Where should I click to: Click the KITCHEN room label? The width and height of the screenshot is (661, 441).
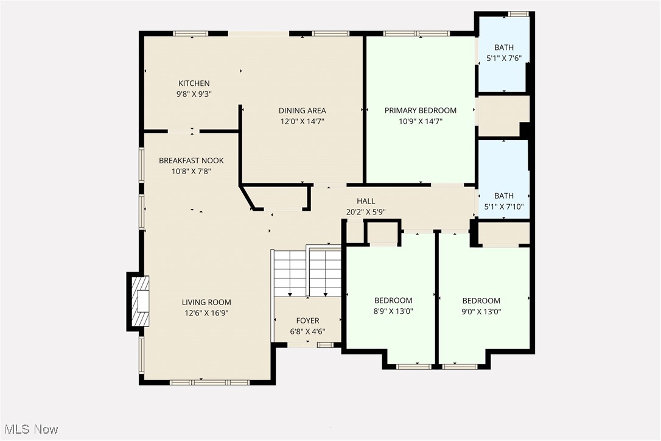pyautogui.click(x=194, y=83)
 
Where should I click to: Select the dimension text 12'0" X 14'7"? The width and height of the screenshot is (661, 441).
pyautogui.click(x=302, y=121)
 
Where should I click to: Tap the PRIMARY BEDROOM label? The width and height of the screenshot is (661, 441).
pyautogui.click(x=420, y=110)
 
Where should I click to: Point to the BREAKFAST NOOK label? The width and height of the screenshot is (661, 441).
pyautogui.click(x=191, y=161)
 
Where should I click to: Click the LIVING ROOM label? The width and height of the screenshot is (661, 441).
pyautogui.click(x=206, y=302)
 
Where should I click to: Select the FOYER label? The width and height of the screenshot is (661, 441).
pyautogui.click(x=307, y=320)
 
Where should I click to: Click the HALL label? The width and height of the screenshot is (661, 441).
pyautogui.click(x=366, y=201)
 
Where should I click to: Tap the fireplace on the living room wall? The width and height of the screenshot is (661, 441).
pyautogui.click(x=139, y=302)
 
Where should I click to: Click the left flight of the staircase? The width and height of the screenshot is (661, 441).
pyautogui.click(x=290, y=272)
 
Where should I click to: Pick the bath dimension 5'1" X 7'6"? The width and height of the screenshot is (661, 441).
pyautogui.click(x=503, y=58)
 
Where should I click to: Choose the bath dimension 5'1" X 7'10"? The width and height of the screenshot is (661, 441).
pyautogui.click(x=503, y=206)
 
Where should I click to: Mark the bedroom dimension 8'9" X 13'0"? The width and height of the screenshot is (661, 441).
pyautogui.click(x=393, y=311)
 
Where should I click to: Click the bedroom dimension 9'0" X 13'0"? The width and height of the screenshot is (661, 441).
pyautogui.click(x=481, y=311)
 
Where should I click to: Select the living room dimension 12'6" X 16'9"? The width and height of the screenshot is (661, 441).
pyautogui.click(x=206, y=313)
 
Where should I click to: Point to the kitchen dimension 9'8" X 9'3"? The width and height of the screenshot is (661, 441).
pyautogui.click(x=194, y=94)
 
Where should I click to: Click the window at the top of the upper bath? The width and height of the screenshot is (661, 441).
pyautogui.click(x=518, y=14)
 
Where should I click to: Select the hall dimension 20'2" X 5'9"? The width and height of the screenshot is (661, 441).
pyautogui.click(x=366, y=212)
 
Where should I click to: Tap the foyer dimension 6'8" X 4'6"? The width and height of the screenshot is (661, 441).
pyautogui.click(x=307, y=331)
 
